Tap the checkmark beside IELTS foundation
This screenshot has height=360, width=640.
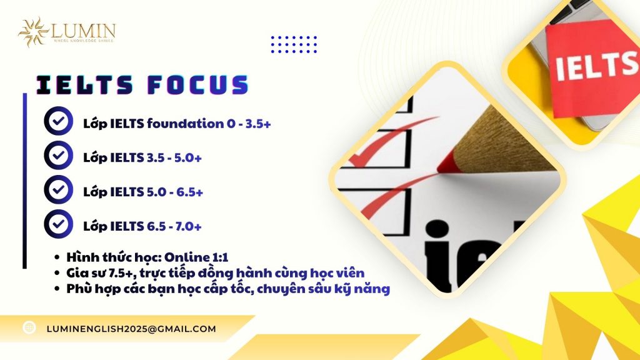[58, 122]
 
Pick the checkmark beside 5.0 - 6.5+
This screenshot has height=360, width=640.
[58, 190]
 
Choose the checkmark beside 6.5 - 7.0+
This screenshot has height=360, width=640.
[58, 224]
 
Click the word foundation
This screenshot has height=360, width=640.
[184, 123]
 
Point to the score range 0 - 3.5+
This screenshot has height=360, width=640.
[249, 123]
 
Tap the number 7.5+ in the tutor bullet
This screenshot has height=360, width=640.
[115, 273]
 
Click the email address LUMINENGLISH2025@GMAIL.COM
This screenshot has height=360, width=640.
[131, 329]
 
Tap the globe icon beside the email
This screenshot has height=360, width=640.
[29, 327]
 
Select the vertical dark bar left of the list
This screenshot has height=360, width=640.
[24, 181]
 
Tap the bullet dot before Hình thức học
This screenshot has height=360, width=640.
[58, 257]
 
